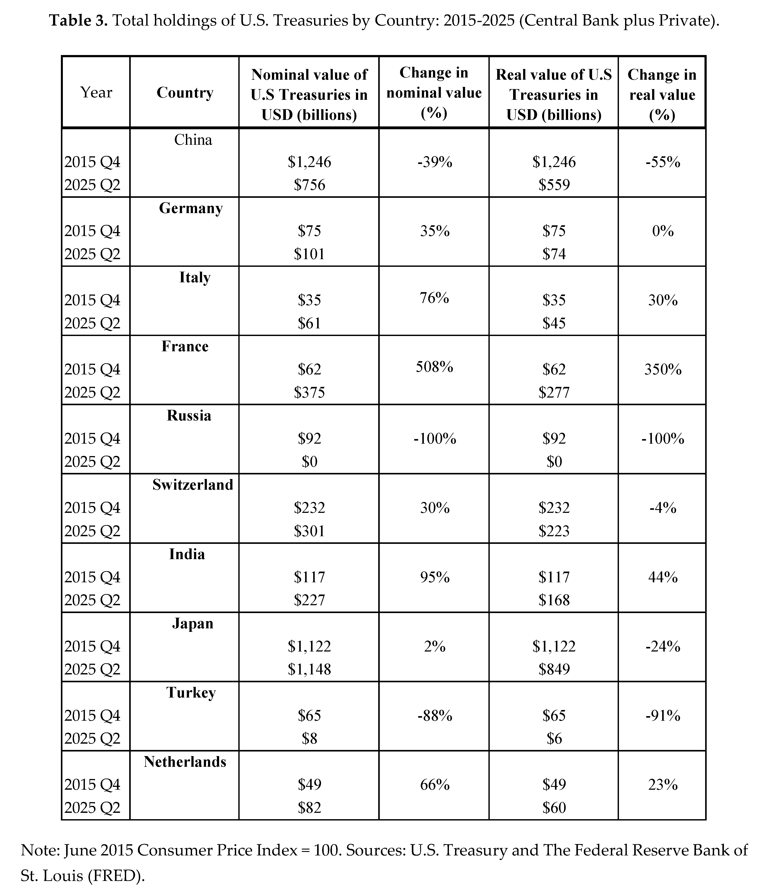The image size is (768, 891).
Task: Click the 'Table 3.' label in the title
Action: [78, 20]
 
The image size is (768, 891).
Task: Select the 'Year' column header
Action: [96, 92]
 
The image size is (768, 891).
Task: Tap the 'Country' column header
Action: [185, 92]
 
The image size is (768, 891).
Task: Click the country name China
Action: [193, 140]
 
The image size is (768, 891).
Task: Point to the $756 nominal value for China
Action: [309, 185]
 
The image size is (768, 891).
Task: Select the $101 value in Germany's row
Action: [309, 254]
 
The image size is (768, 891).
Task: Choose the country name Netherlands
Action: [185, 762]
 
